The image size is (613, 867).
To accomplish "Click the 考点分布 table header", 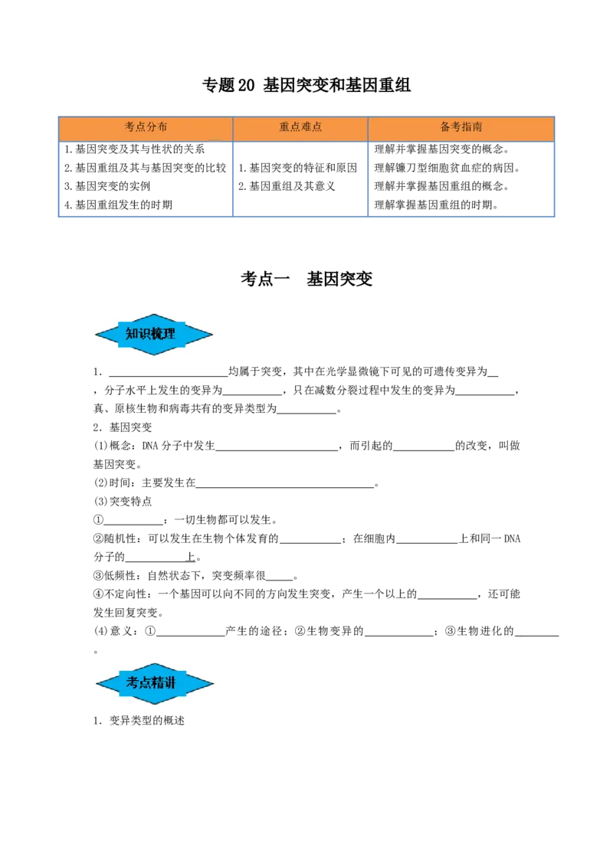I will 146,128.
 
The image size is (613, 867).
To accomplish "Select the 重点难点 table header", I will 300,128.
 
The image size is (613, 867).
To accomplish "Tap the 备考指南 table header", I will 461,128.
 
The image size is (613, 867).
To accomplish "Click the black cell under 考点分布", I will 144,180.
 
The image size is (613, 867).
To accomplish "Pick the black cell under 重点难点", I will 300,180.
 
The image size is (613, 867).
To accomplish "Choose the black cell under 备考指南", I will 463,180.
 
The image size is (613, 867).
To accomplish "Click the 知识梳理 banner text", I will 150,334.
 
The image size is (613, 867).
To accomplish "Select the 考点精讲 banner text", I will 151,682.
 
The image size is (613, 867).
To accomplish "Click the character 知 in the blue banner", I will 132,334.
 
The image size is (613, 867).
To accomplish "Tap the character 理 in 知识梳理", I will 169,334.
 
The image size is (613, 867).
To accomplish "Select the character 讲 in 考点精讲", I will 170,682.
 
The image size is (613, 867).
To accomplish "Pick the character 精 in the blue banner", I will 157,682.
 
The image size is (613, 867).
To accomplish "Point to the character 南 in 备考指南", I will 477,128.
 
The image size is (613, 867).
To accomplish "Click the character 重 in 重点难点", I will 284,128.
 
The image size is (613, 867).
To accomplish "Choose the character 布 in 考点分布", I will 162,128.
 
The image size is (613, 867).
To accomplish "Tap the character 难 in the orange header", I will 306,128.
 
